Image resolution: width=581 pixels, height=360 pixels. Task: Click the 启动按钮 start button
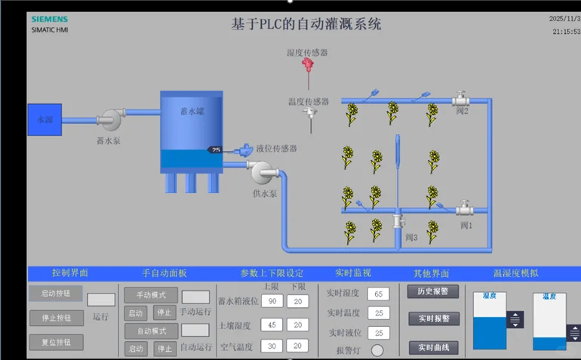tap(55, 294)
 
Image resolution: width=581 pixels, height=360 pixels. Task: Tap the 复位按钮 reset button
tap(55, 342)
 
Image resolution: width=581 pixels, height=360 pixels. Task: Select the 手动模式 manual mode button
tap(151, 295)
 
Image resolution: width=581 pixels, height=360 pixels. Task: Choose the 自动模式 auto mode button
tap(151, 331)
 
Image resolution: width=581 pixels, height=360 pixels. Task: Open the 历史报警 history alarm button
tap(433, 291)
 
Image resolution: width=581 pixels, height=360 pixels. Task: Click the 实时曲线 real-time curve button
tap(433, 347)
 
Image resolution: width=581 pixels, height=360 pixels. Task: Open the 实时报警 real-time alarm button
tap(433, 319)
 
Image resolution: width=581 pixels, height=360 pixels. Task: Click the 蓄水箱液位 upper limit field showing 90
tap(272, 301)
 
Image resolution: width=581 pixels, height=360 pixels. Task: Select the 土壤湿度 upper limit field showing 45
tap(272, 325)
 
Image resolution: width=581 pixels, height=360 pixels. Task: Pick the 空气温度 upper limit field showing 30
tap(272, 346)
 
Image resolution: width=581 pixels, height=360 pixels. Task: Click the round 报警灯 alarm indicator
tap(377, 350)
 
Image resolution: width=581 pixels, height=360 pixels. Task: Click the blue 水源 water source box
tap(45, 119)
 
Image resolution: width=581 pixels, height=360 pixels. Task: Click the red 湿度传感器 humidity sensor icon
tap(307, 64)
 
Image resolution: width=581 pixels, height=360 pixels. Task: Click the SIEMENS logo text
tap(50, 20)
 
